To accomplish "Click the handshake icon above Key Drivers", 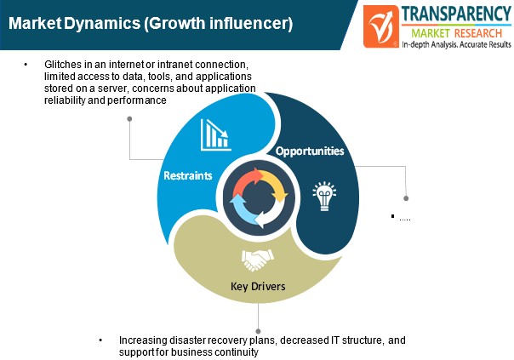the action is tap(257, 260).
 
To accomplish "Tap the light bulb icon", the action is tap(324, 196).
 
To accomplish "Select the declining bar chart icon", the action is tap(215, 134).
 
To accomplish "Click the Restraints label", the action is tap(188, 175).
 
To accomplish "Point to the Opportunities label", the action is tap(310, 151).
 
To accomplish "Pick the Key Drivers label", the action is tap(258, 286).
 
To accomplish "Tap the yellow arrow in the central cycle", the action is tap(274, 185).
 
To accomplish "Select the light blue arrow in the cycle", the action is tap(242, 209).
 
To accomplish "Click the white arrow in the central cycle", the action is tap(271, 213).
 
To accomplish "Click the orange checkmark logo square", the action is tap(381, 26).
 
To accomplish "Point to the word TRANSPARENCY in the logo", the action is tap(456, 14).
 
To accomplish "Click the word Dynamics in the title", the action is tap(102, 23).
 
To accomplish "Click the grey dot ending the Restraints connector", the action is tap(129, 118).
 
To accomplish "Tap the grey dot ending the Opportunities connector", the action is tap(406, 198).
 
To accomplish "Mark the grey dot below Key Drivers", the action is tap(258, 331).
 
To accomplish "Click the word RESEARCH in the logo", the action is tap(478, 33).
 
